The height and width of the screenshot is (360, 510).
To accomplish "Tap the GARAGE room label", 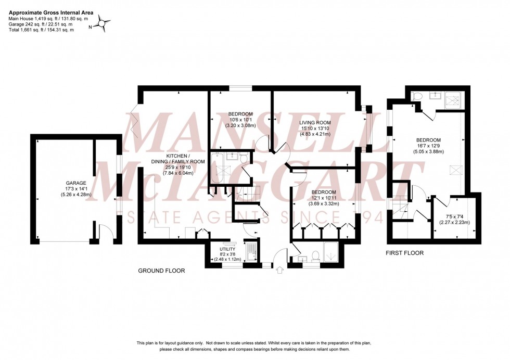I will tap(76, 183).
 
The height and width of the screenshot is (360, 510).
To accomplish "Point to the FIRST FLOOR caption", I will tap(404, 253).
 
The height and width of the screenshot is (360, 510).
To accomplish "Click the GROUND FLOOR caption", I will tap(161, 271).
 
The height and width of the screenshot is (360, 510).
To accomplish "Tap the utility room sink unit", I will tap(251, 250).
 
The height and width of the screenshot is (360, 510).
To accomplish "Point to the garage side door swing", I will tap(106, 230).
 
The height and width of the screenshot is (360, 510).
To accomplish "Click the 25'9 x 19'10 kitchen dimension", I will tap(185, 168).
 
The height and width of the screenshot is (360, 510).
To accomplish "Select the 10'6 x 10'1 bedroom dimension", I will tap(240, 120).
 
